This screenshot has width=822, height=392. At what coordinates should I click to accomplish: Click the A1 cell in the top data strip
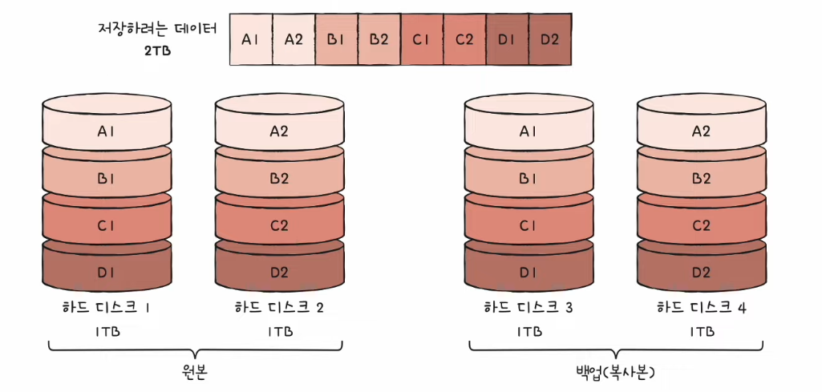[x=251, y=38]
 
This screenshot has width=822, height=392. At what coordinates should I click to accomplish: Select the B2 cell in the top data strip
[x=379, y=38]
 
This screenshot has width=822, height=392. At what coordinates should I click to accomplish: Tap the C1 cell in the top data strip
[x=421, y=38]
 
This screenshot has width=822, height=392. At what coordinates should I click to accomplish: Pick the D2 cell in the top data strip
[x=549, y=38]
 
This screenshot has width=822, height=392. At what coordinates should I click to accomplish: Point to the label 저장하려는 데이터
[x=156, y=30]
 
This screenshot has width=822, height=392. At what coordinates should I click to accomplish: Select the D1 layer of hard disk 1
[x=107, y=272]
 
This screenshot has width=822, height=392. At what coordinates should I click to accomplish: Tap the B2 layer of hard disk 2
[x=279, y=178]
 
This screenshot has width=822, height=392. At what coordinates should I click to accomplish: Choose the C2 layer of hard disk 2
[x=279, y=225]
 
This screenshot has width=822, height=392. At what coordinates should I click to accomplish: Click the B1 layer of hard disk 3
[x=528, y=178]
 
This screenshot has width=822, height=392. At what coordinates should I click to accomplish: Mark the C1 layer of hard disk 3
[x=528, y=225]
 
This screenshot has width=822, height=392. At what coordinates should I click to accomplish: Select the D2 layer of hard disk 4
[x=701, y=272]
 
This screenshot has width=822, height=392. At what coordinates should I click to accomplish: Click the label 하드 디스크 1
[x=107, y=307]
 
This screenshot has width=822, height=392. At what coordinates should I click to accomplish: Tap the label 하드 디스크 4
[x=701, y=307]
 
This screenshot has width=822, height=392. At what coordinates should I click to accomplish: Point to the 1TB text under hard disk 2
[x=279, y=330]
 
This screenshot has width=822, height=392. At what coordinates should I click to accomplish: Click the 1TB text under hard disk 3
[x=529, y=330]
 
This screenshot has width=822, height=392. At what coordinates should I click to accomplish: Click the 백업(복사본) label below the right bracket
[x=616, y=373]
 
